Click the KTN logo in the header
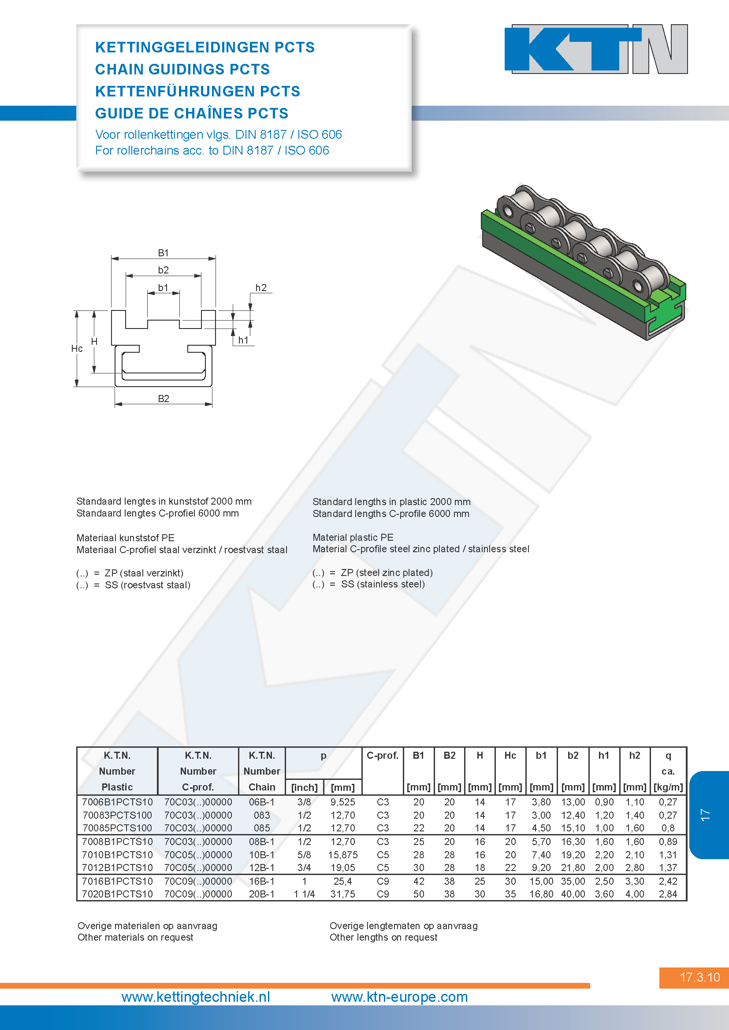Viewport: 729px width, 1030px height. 596,48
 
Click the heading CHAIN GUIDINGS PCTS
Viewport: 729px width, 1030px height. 182,69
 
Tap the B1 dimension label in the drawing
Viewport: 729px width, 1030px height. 164,253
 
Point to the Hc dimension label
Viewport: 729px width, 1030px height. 77,349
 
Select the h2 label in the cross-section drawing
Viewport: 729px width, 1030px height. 261,288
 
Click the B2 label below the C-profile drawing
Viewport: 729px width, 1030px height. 164,399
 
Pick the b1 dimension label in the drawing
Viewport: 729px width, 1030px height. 163,288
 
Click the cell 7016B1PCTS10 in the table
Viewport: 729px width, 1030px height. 117,881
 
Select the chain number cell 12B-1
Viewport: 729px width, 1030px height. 262,868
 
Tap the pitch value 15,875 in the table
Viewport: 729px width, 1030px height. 343,855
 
